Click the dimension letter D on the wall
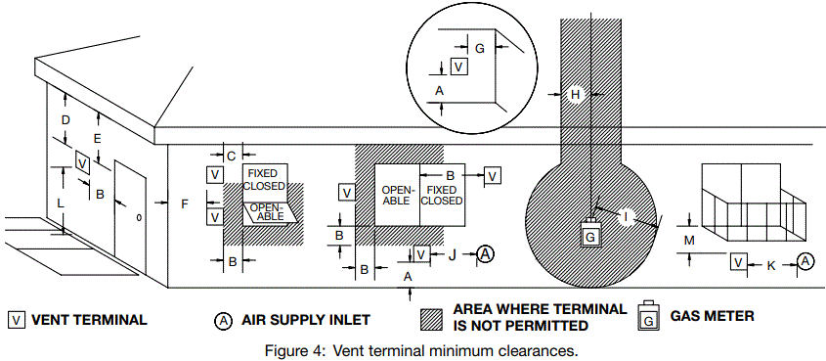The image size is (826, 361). click(x=66, y=119)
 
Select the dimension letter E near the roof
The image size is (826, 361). click(x=97, y=137)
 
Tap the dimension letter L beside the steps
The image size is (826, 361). click(x=60, y=202)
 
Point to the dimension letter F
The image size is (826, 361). click(x=185, y=203)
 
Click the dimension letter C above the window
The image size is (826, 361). click(x=232, y=156)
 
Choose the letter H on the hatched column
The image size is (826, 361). click(x=576, y=94)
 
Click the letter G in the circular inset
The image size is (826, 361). click(x=479, y=47)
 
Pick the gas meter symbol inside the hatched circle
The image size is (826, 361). click(x=590, y=235)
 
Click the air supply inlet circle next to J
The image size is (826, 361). click(x=486, y=254)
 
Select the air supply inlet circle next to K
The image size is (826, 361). click(x=804, y=261)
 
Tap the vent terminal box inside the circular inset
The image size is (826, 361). click(x=458, y=67)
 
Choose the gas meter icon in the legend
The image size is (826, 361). click(x=648, y=316)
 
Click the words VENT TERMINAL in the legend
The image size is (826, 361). click(x=90, y=319)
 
